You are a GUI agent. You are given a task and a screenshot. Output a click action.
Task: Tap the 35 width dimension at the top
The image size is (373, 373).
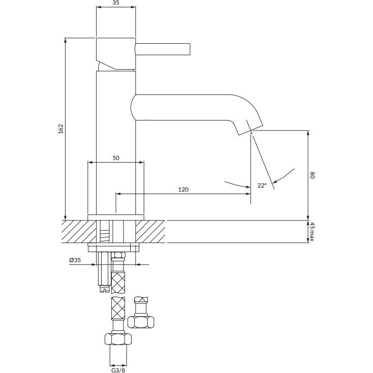(116, 3)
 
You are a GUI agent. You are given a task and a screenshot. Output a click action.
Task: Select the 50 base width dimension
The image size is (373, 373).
(116, 158)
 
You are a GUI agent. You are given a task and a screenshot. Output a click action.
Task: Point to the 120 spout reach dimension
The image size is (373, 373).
(183, 190)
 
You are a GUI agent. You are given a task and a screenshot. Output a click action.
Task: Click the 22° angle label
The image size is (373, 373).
(261, 186)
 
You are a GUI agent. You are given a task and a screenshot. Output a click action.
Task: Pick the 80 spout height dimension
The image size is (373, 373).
(313, 175)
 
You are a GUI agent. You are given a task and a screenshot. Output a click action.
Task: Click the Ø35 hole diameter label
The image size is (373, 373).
(75, 260)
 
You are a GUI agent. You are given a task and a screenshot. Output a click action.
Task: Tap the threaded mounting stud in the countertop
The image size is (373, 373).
(105, 233)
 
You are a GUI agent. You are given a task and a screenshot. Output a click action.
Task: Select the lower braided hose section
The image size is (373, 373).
(118, 308)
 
